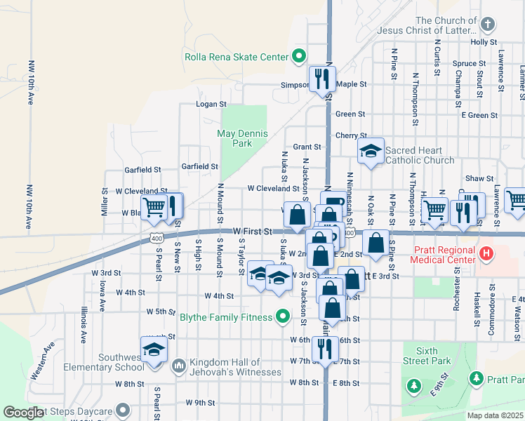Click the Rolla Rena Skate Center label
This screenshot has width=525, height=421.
(x=236, y=57)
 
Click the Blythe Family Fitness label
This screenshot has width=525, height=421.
(x=225, y=317)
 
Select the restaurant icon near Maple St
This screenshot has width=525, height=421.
(x=322, y=79)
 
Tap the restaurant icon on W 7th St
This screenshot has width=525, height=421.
(x=323, y=349)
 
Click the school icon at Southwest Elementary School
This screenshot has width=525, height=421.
(x=154, y=349)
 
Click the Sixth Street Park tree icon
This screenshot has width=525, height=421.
(x=414, y=386)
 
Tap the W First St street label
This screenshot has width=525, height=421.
(x=252, y=230)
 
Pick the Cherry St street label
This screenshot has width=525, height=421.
(x=351, y=135)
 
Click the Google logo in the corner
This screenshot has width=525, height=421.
(x=24, y=413)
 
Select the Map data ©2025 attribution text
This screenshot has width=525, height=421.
(x=494, y=415)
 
